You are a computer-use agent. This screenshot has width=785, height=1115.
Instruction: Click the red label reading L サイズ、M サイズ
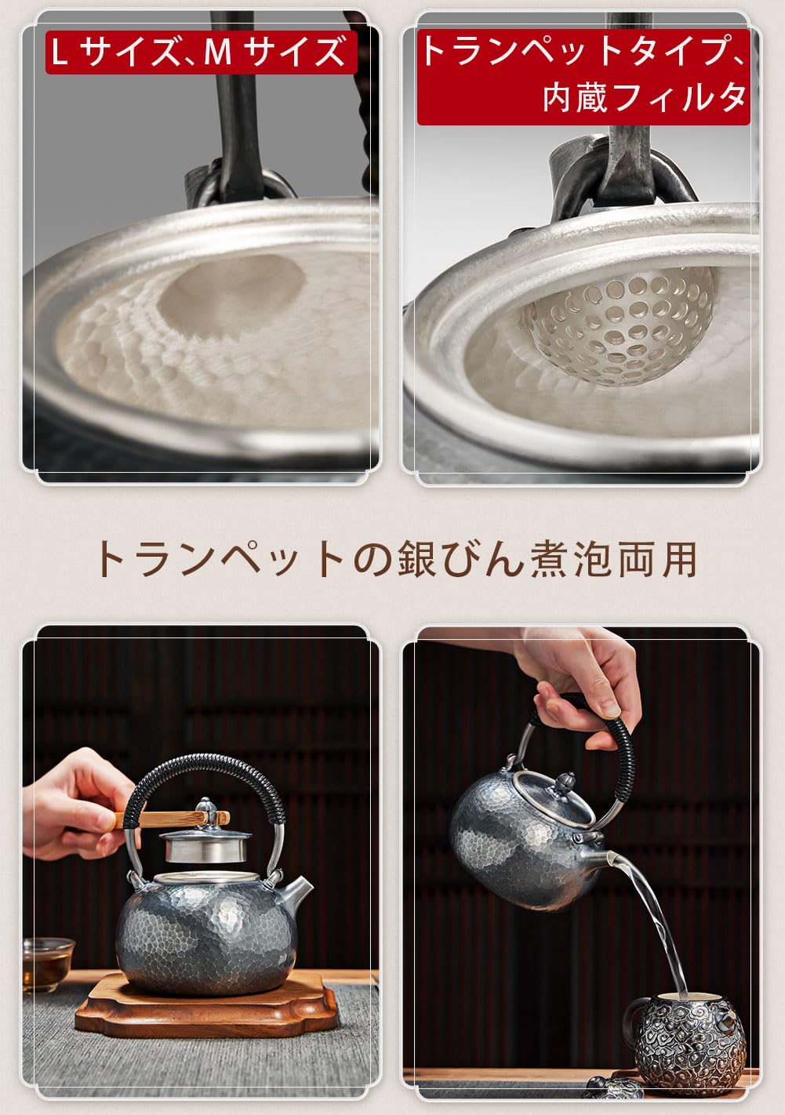coord(201,53)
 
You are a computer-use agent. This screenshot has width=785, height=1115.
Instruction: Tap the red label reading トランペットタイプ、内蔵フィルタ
coord(583,77)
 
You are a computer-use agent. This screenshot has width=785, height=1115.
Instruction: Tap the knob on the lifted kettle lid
coord(205,809)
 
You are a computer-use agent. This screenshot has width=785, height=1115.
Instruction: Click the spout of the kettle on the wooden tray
coord(296,889)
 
